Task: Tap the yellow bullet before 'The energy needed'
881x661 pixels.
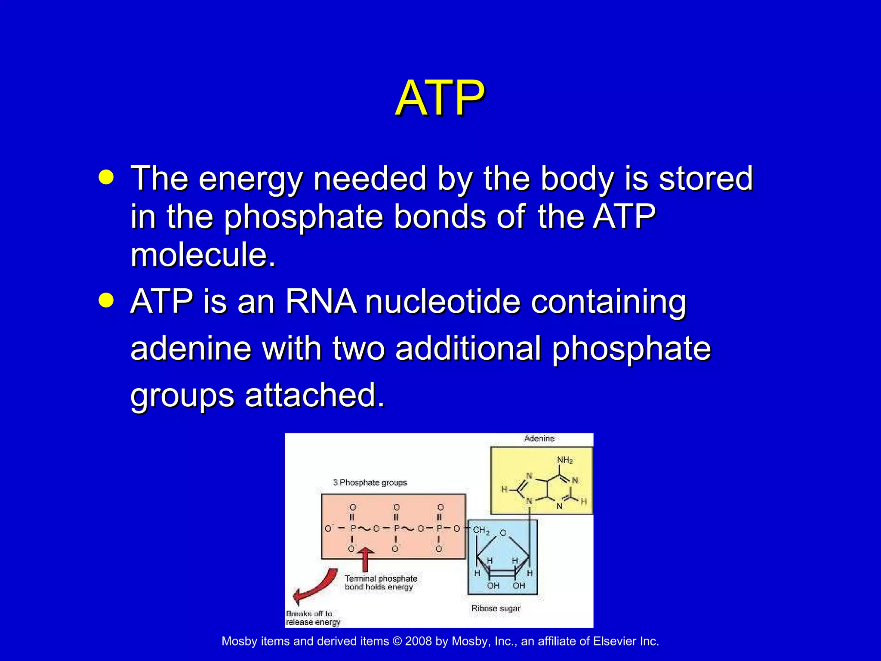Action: (x=106, y=177)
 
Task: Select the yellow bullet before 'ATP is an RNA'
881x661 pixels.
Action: (x=106, y=300)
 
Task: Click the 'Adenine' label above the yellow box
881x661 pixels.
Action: (x=539, y=439)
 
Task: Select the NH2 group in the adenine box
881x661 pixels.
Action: (x=565, y=460)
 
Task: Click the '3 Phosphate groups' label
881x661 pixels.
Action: (x=370, y=482)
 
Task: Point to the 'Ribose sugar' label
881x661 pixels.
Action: (x=496, y=608)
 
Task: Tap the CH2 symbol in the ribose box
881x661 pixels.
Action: (x=481, y=530)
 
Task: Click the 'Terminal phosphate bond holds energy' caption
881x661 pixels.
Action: (x=380, y=583)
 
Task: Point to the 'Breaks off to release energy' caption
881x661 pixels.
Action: (x=312, y=618)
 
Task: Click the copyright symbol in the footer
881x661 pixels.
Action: (x=397, y=642)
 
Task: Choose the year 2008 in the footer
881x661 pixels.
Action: (x=418, y=642)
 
